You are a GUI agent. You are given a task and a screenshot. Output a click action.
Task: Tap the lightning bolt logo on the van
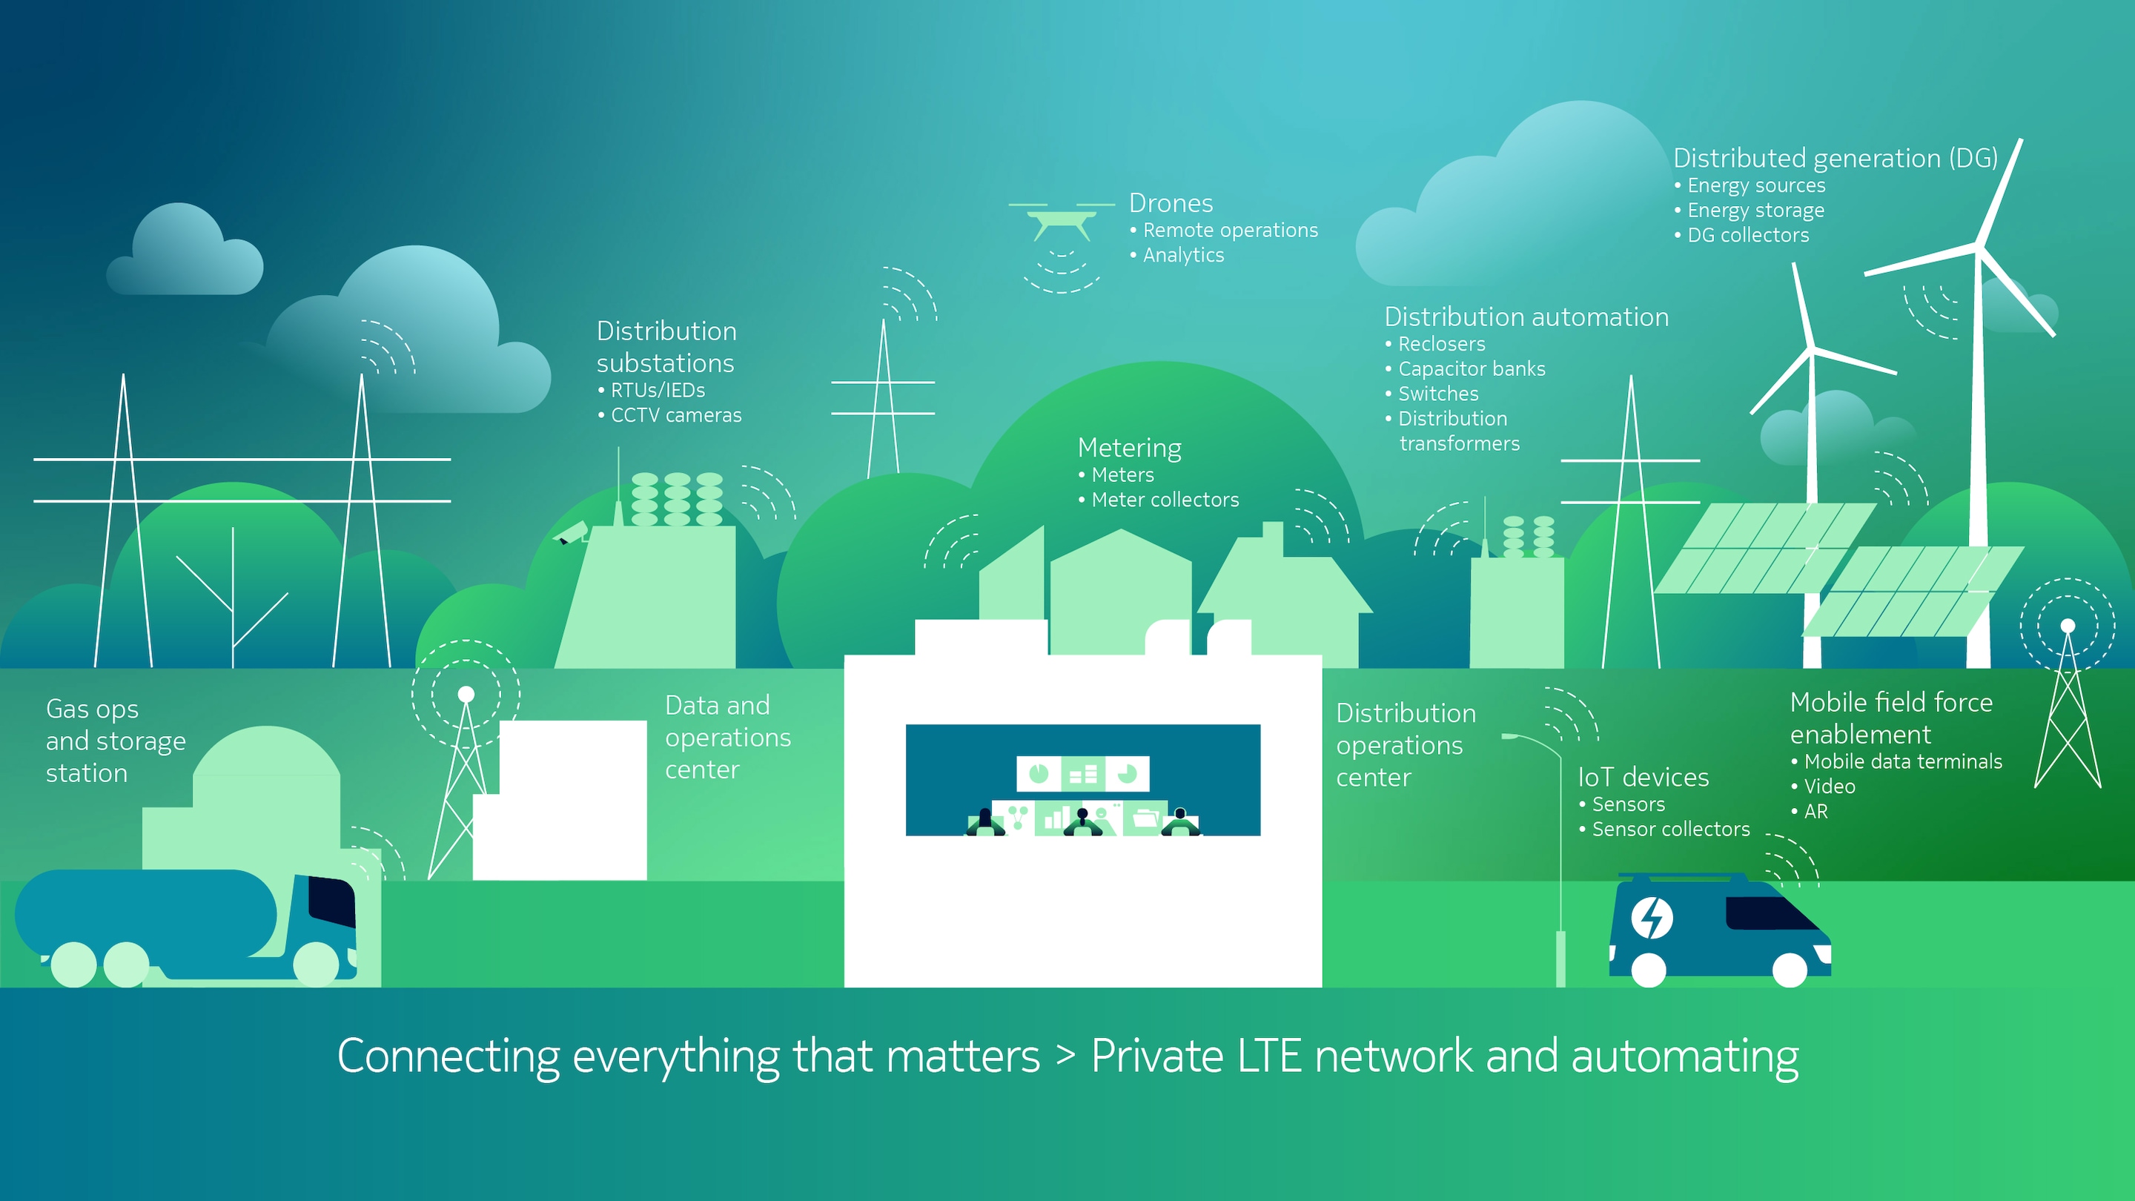click(1652, 919)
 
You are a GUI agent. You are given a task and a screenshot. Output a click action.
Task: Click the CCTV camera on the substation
click(571, 532)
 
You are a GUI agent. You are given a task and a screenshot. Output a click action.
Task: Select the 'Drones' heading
click(1171, 203)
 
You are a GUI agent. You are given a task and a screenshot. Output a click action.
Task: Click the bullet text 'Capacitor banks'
click(1471, 369)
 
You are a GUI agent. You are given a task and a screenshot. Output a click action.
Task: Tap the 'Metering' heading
click(1129, 449)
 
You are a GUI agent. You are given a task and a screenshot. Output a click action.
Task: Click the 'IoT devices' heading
click(1643, 778)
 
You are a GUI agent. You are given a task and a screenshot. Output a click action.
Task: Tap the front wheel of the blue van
click(1790, 970)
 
